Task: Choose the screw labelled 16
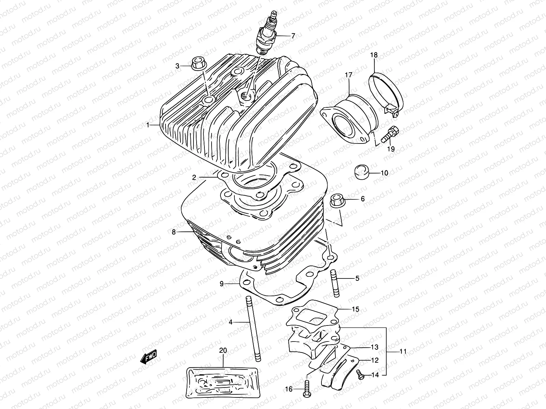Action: tap(306, 389)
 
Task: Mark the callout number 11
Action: tap(403, 351)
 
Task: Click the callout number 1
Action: tap(148, 125)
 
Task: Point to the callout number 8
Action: tap(174, 232)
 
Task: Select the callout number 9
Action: tap(221, 284)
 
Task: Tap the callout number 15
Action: tap(356, 309)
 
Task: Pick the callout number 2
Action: tap(194, 177)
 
